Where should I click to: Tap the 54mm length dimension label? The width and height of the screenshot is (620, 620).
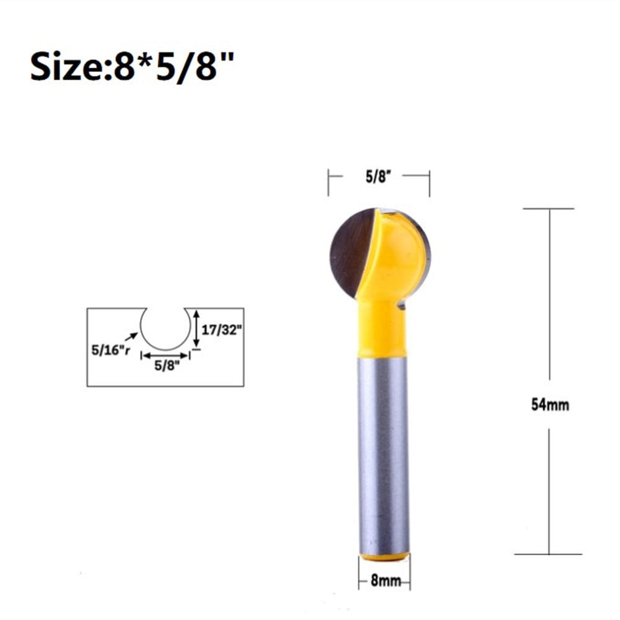[549, 405]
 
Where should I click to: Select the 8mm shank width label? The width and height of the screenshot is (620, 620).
[384, 581]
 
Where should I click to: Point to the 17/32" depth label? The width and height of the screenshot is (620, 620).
[220, 331]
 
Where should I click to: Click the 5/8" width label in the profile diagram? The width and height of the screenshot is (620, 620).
[164, 365]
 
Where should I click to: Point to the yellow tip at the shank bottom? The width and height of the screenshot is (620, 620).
[384, 557]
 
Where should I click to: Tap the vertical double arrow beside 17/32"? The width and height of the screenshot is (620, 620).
[196, 329]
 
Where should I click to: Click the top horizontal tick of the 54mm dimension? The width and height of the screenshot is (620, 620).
[548, 209]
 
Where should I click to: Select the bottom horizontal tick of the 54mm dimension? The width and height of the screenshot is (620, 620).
[548, 554]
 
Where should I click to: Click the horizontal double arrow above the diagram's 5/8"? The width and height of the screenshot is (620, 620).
[165, 356]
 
